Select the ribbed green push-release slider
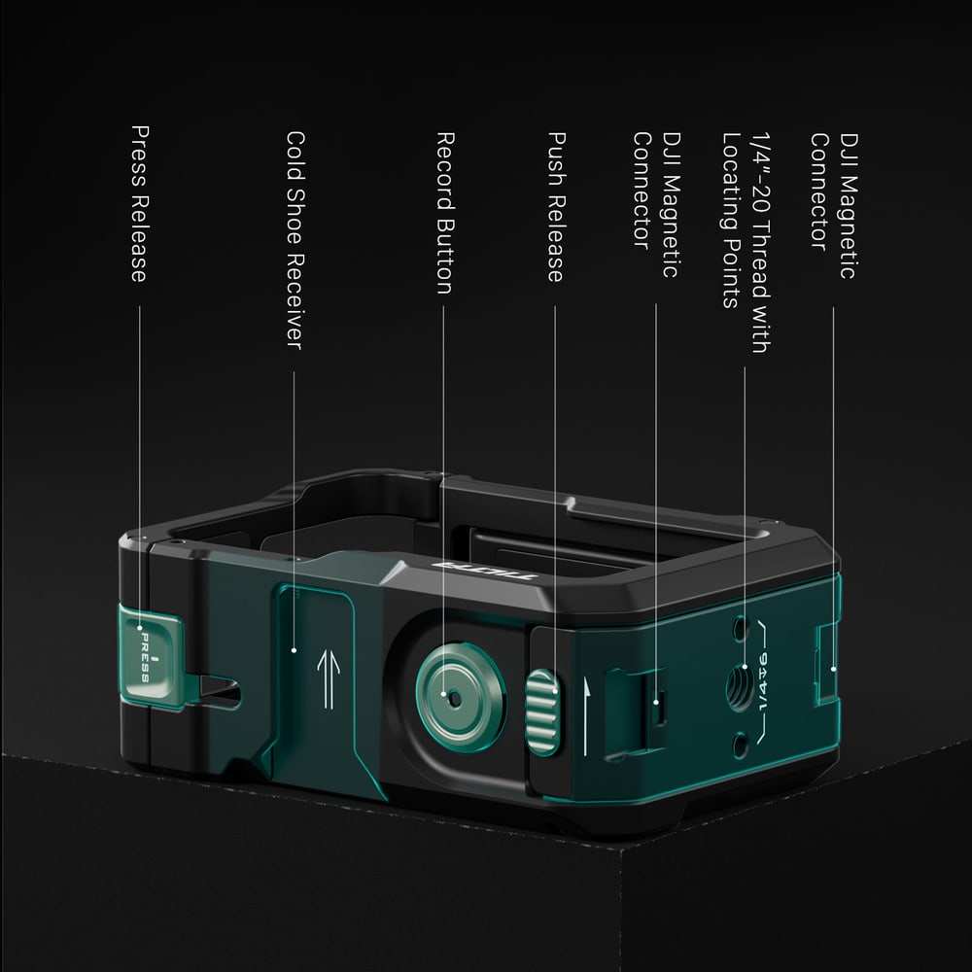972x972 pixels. point(543,712)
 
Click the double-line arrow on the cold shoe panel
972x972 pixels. point(328,678)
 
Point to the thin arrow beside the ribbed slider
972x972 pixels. point(586,716)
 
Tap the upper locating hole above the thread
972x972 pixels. point(740,629)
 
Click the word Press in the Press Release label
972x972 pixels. point(139,156)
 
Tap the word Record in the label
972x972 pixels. point(445,171)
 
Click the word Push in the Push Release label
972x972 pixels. point(556,159)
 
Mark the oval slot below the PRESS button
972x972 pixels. point(218,691)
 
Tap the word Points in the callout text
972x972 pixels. point(732,272)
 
